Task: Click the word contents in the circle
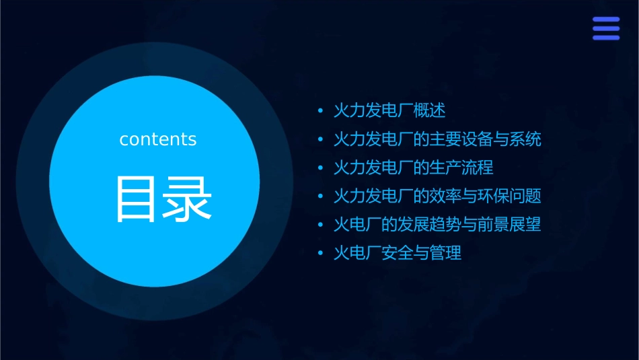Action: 158,139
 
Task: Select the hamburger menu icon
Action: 605,28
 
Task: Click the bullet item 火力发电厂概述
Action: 389,110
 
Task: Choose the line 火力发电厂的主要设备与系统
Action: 437,139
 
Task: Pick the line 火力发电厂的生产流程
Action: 414,168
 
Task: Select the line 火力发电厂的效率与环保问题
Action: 437,196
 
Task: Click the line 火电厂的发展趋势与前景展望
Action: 437,225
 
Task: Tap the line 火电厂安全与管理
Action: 398,254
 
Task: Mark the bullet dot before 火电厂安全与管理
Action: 321,254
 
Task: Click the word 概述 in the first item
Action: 430,110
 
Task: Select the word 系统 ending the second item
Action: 525,139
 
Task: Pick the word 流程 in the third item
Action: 478,168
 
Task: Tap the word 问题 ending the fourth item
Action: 525,196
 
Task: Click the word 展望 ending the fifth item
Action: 525,225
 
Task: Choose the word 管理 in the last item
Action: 446,254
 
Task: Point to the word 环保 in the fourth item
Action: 494,196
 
